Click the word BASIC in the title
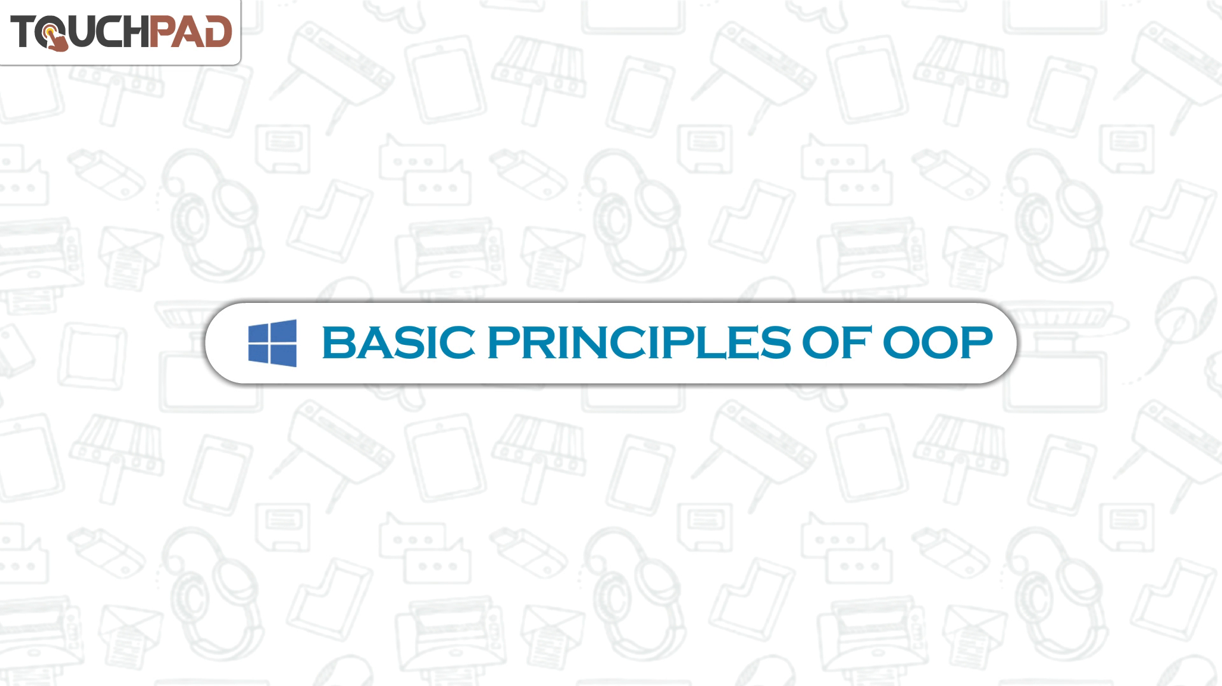(398, 342)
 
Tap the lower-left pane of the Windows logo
(258, 353)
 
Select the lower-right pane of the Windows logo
(284, 356)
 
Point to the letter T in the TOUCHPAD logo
(24, 32)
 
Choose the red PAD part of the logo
(190, 32)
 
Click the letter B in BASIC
(337, 342)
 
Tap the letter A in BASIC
(370, 342)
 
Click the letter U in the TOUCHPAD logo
(81, 32)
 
